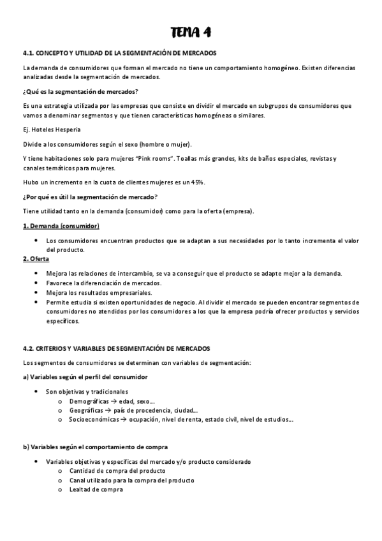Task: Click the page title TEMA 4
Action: point(191,32)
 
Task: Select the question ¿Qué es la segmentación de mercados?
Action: point(80,92)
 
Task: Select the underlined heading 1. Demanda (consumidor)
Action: point(61,226)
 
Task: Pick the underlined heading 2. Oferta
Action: point(36,258)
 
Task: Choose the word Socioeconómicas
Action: point(94,420)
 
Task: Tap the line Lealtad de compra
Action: point(96,489)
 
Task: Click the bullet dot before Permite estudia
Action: point(36,302)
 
